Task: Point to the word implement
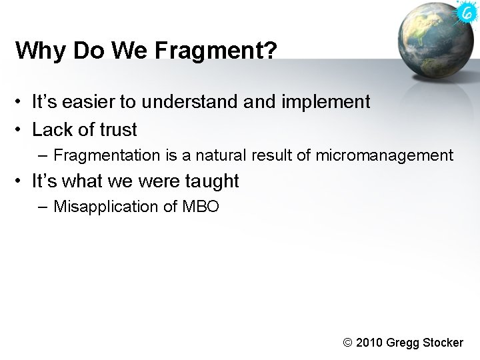tap(325, 102)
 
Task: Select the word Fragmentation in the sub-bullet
tap(107, 155)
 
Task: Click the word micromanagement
tap(384, 155)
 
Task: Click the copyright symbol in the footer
tap(347, 343)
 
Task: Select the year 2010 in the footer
tap(370, 343)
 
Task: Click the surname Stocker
tap(443, 343)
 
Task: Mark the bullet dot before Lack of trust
tap(21, 130)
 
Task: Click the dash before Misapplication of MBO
tap(43, 207)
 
